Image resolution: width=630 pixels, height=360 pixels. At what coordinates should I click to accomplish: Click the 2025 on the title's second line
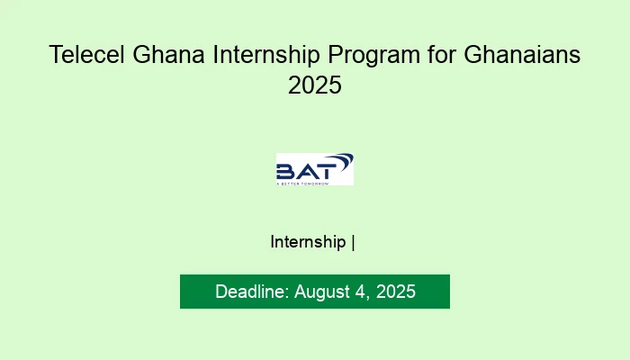click(x=315, y=86)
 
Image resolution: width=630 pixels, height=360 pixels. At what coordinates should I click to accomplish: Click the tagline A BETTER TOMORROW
click(x=302, y=183)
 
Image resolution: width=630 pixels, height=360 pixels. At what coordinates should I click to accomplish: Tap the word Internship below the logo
click(x=308, y=242)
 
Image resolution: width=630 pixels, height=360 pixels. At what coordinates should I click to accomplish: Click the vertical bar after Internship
click(x=353, y=242)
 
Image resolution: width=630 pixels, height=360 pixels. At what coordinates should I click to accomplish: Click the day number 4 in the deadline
click(x=364, y=292)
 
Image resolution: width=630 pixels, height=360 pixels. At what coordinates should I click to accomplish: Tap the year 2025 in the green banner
click(x=397, y=292)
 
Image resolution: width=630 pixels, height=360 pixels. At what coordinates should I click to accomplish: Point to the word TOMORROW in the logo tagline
click(x=316, y=183)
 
